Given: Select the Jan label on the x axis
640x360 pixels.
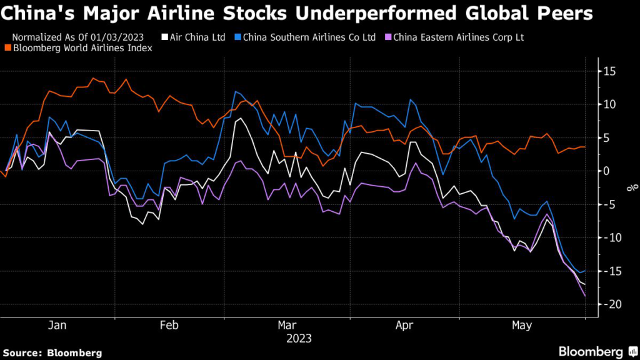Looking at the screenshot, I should [57, 326].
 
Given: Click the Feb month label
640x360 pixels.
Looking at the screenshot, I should [169, 326].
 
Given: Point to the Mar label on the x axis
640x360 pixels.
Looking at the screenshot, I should [287, 326].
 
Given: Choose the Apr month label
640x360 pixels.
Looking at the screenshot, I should [405, 326].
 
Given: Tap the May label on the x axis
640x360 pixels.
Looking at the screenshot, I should [522, 326].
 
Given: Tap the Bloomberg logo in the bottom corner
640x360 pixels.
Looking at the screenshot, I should [591, 351].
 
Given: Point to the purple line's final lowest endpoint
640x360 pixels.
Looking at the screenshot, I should [586, 296].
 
